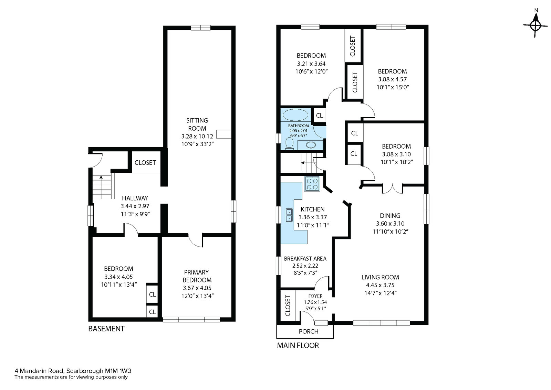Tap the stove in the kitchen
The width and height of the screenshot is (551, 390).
pyautogui.click(x=312, y=184)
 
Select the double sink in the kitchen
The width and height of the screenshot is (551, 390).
pyautogui.click(x=289, y=215)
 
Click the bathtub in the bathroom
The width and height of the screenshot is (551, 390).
pyautogui.click(x=295, y=115)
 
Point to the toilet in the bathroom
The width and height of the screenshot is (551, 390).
pyautogui.click(x=289, y=143)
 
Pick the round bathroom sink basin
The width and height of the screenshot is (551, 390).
pyautogui.click(x=311, y=145)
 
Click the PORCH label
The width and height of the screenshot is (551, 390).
pyautogui.click(x=309, y=331)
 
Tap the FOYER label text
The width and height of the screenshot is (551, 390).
pyautogui.click(x=315, y=296)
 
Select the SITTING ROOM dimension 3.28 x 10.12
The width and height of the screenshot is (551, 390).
pyautogui.click(x=197, y=136)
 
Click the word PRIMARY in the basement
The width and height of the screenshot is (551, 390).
pyautogui.click(x=196, y=272)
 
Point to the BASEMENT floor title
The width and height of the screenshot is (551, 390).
pyautogui.click(x=106, y=329)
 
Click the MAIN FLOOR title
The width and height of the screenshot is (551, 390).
pyautogui.click(x=298, y=346)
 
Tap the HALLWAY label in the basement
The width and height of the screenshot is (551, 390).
pyautogui.click(x=135, y=198)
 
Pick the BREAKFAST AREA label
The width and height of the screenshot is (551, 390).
pyautogui.click(x=305, y=259)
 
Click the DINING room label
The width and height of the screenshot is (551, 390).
pyautogui.click(x=390, y=216)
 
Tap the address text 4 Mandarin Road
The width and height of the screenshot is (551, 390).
pyautogui.click(x=40, y=371)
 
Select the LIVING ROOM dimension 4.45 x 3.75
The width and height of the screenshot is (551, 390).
pyautogui.click(x=380, y=285)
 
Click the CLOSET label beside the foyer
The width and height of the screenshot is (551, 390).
pyautogui.click(x=288, y=306)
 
